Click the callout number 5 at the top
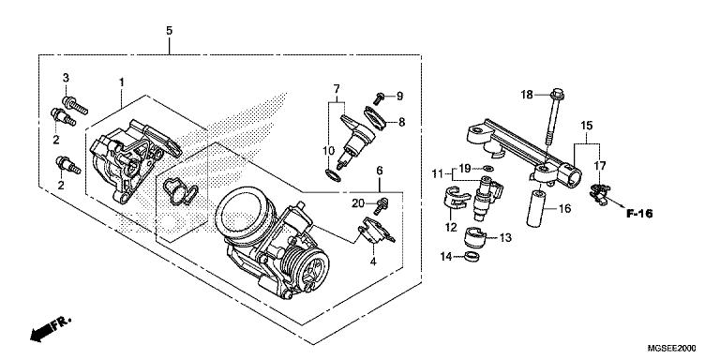[x=170, y=31]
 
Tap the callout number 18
[x=527, y=95]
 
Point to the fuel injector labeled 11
[x=487, y=196]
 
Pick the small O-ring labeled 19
[x=488, y=168]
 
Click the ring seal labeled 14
[x=472, y=256]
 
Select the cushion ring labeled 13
[x=474, y=237]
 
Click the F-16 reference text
[x=639, y=213]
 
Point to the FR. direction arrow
[x=51, y=329]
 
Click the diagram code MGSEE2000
[x=671, y=349]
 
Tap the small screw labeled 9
[x=380, y=98]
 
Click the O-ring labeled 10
[x=334, y=175]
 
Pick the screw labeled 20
[x=381, y=206]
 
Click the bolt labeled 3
[x=75, y=106]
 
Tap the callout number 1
[x=122, y=82]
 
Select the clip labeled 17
[x=600, y=194]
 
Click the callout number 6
[x=380, y=171]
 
